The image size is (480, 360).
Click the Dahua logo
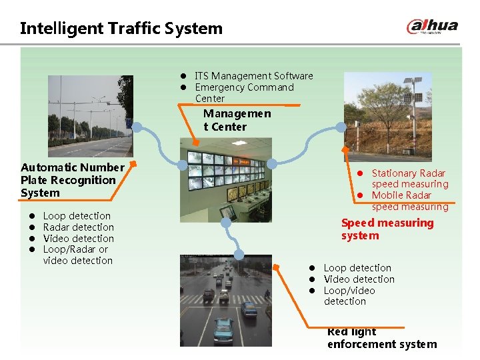[x=432, y=27]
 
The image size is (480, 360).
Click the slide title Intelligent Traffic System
[x=121, y=28]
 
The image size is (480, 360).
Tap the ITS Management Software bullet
[x=253, y=76]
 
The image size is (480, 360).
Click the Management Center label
[x=237, y=120]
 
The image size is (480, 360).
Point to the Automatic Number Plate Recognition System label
[x=72, y=180]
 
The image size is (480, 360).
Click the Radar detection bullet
[x=78, y=227]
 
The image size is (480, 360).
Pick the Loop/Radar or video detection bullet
[x=77, y=255]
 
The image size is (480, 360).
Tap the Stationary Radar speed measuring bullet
[x=409, y=179]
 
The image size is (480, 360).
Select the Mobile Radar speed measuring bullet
[x=409, y=201]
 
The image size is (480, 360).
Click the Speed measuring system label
[x=387, y=229]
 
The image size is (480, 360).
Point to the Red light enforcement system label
[x=381, y=338]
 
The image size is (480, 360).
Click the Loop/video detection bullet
[x=349, y=296]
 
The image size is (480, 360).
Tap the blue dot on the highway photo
[x=137, y=127]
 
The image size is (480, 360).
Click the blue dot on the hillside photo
[x=340, y=127]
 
